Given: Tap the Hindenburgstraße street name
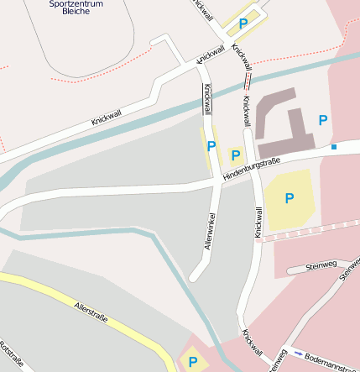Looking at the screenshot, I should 251,170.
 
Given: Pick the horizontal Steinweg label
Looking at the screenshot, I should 321,266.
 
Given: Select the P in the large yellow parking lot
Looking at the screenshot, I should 290,198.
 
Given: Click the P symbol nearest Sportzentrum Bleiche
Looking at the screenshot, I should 243,24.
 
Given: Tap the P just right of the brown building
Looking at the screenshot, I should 322,120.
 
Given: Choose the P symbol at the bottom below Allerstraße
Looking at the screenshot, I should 193,363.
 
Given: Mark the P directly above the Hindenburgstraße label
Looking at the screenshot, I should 235,155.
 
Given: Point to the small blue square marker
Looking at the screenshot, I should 333,148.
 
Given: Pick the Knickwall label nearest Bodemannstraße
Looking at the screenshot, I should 252,343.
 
